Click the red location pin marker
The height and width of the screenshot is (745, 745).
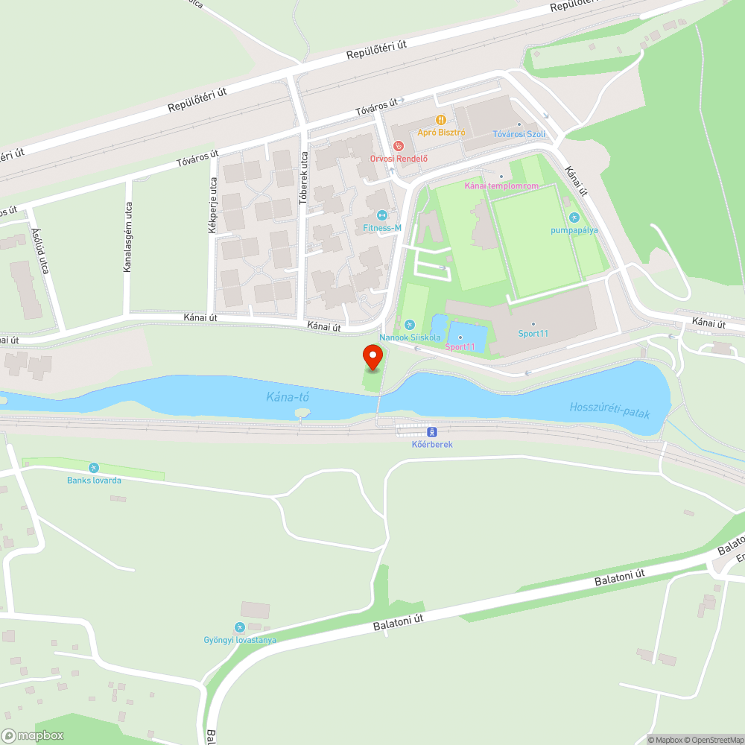(372, 358)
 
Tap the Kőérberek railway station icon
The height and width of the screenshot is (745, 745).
(431, 431)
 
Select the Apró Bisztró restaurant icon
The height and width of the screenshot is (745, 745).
(441, 119)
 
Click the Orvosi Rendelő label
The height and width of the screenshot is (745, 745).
(403, 158)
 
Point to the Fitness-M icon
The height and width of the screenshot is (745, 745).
(382, 215)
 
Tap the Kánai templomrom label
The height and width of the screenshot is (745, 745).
(500, 186)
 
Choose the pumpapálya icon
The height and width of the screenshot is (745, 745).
(574, 218)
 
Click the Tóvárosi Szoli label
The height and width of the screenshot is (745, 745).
(519, 134)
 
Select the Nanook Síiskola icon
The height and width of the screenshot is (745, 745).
(409, 325)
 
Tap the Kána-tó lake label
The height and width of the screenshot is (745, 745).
(288, 397)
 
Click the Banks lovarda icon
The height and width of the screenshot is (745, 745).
(94, 468)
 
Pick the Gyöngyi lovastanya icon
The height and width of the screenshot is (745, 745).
(239, 627)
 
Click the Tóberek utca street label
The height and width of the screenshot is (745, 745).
(303, 178)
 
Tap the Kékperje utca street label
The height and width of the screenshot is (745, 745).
(212, 206)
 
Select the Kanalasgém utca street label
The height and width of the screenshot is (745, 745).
(128, 236)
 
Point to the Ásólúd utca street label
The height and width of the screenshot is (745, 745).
(39, 250)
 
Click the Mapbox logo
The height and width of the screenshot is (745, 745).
(33, 735)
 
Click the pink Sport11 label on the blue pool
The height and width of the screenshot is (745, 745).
(460, 346)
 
